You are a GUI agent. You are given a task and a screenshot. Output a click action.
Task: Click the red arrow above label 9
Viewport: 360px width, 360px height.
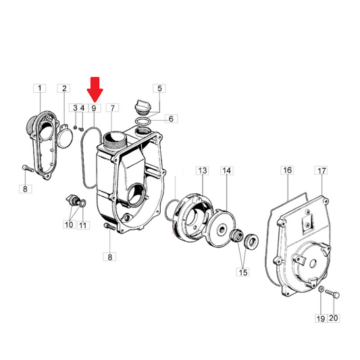[x=95, y=90]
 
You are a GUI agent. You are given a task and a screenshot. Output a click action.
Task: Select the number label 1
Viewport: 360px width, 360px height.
[x=40, y=88]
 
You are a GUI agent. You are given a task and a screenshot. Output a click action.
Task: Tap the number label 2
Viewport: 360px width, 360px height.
[x=63, y=88]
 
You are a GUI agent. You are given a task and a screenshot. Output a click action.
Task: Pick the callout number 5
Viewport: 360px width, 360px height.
[x=159, y=88]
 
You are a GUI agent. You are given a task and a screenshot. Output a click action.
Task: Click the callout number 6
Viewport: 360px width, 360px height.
[x=171, y=119]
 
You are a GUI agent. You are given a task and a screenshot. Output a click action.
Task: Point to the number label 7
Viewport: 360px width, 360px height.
[x=112, y=108]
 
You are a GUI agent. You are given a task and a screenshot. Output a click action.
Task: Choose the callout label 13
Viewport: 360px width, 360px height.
[x=202, y=171]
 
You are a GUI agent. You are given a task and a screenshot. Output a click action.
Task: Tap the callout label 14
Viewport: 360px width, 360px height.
[x=227, y=171]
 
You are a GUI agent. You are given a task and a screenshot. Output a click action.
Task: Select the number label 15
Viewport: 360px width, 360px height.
[x=243, y=272]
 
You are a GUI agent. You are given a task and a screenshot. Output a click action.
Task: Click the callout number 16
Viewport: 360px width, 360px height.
[x=287, y=170]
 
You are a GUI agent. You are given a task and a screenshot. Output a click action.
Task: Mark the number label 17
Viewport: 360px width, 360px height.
[x=322, y=171]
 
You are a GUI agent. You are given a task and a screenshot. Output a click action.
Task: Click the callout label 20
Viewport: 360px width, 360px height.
[x=334, y=318]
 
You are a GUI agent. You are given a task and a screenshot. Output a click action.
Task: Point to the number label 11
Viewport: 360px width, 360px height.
[x=83, y=225]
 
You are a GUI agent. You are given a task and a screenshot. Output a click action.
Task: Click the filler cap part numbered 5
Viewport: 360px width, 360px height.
[x=141, y=106]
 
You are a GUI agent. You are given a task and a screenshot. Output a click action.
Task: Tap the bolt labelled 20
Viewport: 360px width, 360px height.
[x=333, y=294]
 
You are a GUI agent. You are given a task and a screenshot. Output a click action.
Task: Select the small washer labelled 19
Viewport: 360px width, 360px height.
[x=322, y=289]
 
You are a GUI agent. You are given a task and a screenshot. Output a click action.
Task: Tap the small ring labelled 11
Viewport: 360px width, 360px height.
[x=83, y=203]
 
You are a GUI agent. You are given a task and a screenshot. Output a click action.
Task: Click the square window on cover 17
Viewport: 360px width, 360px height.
[x=307, y=222]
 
